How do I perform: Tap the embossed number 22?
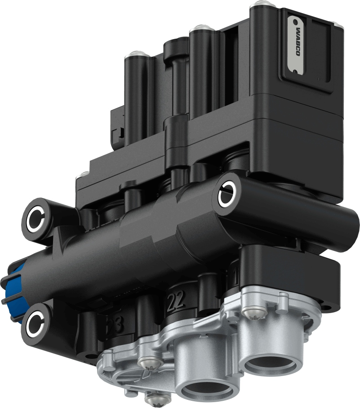[175, 301]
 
